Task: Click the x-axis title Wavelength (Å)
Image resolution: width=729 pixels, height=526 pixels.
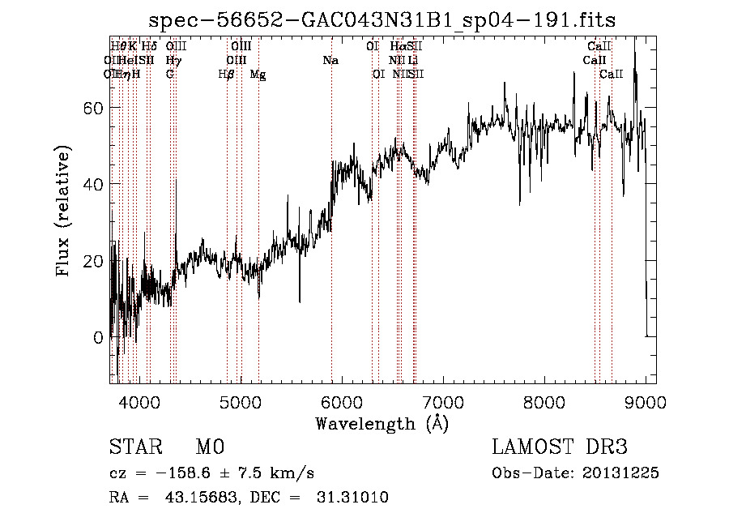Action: pos(382,423)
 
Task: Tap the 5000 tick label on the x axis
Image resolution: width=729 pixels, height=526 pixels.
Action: pos(241,400)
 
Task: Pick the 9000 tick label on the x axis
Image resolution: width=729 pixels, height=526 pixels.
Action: pos(646,400)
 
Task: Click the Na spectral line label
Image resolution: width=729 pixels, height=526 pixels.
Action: pos(330,61)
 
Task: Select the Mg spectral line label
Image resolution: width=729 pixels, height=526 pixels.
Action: pos(258,75)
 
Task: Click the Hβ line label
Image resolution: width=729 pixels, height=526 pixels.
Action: pos(227,75)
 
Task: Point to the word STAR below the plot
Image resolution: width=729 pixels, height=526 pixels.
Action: pos(135,447)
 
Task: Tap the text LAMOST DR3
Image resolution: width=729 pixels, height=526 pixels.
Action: pos(560,447)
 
